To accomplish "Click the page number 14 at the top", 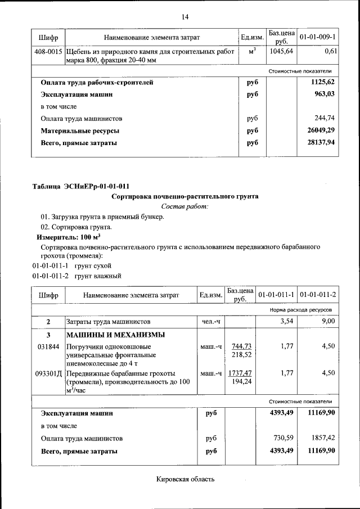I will pos(184,16).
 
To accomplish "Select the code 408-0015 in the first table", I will pos(48,51).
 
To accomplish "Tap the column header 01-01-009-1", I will pos(318,37).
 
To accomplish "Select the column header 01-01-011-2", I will pos(318,294).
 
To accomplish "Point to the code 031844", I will pos(48,346).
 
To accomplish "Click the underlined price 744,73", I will pos(241,346).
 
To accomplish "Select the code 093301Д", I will pos(49,373).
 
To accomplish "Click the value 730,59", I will pos(282,437).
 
